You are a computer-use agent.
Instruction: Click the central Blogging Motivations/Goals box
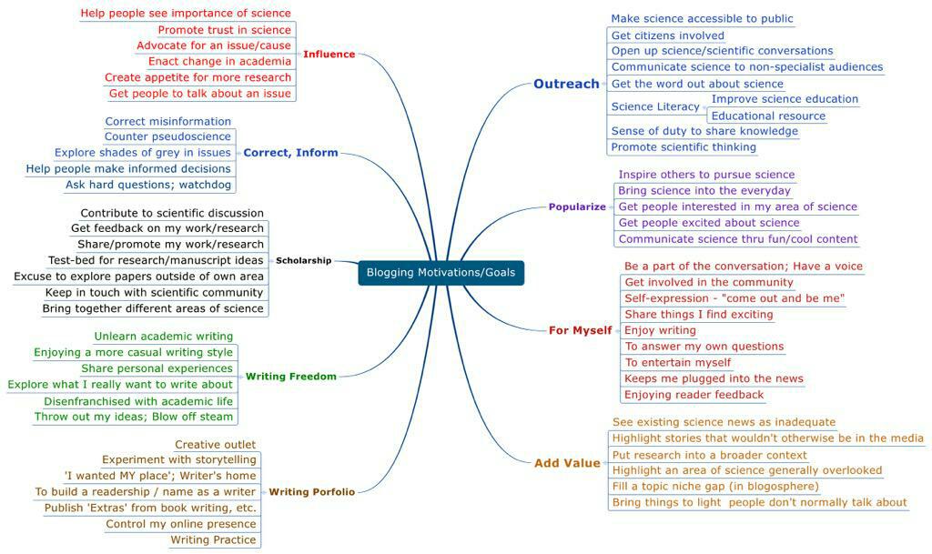[x=441, y=272]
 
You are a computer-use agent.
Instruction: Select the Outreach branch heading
[x=566, y=84]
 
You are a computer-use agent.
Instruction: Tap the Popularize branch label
[x=577, y=206]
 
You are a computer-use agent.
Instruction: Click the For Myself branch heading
[x=580, y=330]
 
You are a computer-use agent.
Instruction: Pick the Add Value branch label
[x=567, y=463]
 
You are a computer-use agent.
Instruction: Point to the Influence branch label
[x=329, y=54]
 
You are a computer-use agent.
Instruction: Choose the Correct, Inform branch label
[x=290, y=153]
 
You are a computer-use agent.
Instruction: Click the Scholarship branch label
[x=303, y=260]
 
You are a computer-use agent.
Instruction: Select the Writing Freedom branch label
[x=291, y=376]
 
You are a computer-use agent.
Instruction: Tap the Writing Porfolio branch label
[x=312, y=491]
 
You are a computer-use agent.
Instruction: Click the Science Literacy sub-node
[x=655, y=106]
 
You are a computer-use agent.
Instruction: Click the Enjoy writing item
[x=660, y=330]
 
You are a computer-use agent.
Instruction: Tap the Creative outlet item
[x=215, y=444]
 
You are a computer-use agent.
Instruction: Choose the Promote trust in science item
[x=224, y=30]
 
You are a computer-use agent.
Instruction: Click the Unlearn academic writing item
[x=164, y=337]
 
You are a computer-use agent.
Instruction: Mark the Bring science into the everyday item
[x=704, y=191]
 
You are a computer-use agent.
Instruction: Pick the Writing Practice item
[x=213, y=539]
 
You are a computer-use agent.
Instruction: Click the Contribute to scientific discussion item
[x=172, y=213]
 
